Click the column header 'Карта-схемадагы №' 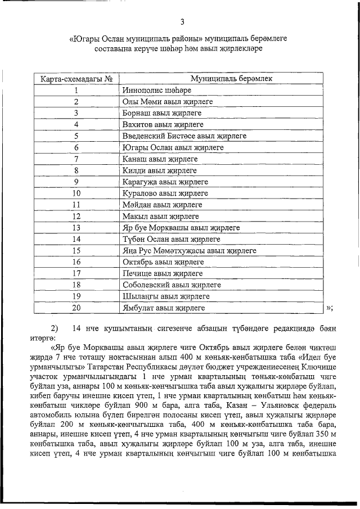(x=75, y=79)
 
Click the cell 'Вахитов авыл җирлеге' (x=163, y=125)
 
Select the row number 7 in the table (x=75, y=159)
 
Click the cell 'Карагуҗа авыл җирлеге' (x=165, y=182)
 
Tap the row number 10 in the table (x=75, y=193)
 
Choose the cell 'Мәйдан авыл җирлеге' (x=162, y=205)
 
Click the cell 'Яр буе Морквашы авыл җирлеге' (x=181, y=228)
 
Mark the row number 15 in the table (x=75, y=251)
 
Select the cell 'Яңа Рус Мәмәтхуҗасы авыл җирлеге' (x=190, y=251)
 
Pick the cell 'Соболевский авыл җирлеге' (x=172, y=285)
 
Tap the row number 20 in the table (x=75, y=308)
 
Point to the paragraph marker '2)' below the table (x=55, y=328)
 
